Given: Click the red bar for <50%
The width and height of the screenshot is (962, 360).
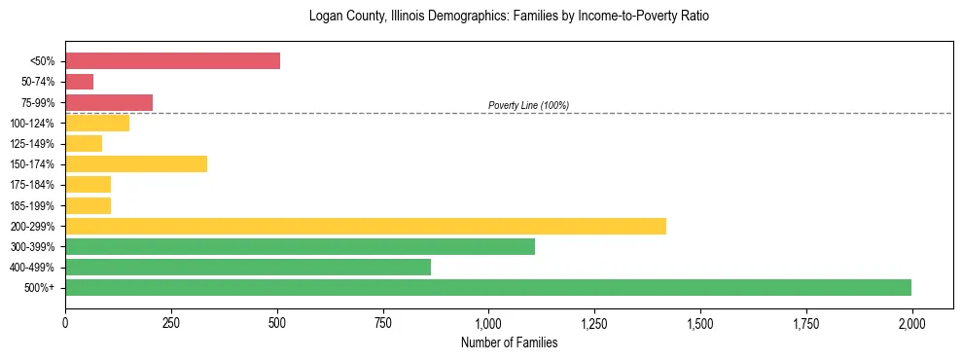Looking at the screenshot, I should [x=172, y=61].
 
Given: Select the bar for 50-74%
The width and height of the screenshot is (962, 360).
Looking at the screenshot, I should [x=79, y=82].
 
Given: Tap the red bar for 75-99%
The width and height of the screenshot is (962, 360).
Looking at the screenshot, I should [x=109, y=102].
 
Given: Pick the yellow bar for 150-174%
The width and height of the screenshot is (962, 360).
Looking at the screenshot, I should [x=136, y=164].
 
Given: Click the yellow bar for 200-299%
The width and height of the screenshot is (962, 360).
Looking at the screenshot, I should [x=366, y=226].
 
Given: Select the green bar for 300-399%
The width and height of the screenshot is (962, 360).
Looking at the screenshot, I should [x=300, y=247].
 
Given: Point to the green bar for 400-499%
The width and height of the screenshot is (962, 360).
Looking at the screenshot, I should [x=248, y=268].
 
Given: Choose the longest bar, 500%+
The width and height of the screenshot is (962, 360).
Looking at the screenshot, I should [x=488, y=288].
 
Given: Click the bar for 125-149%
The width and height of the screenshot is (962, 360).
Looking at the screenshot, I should [x=84, y=144].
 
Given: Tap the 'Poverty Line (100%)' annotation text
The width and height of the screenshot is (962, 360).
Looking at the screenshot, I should [x=528, y=105].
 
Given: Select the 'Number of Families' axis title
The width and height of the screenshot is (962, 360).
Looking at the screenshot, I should [x=509, y=342].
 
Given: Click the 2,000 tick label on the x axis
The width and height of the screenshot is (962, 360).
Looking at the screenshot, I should [x=911, y=322].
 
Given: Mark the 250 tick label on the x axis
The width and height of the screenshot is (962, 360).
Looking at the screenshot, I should [x=171, y=322].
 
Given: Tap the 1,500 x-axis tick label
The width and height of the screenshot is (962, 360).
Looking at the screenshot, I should [x=700, y=322].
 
